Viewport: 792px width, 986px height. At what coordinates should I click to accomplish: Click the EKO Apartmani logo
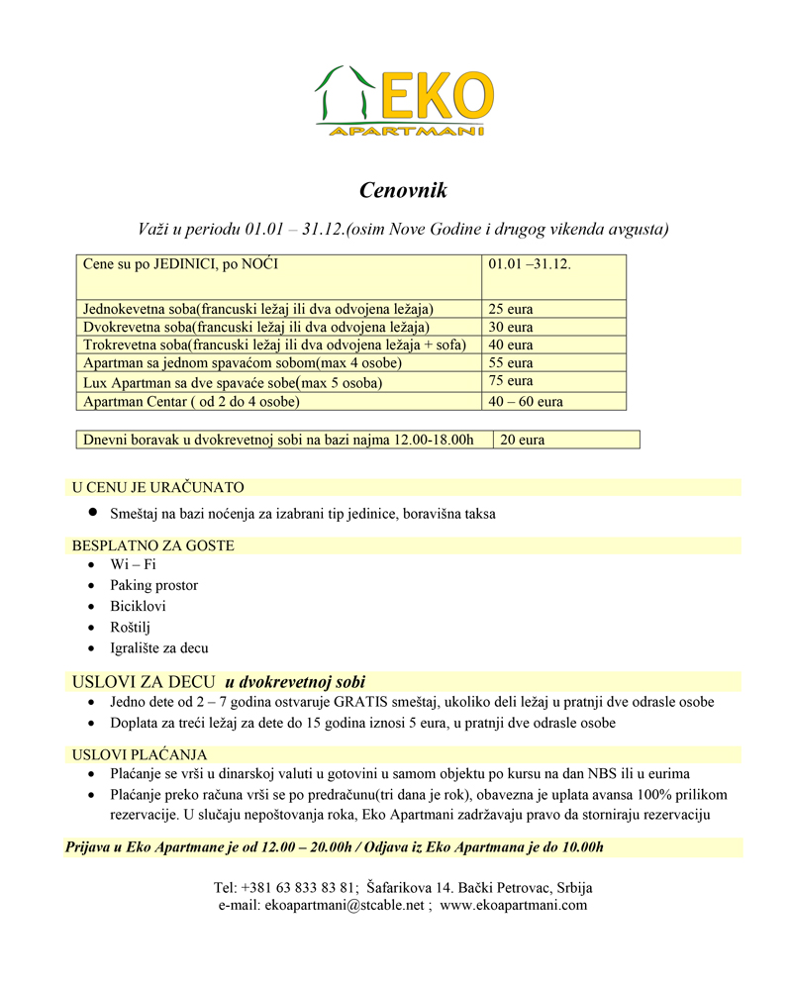click(x=404, y=101)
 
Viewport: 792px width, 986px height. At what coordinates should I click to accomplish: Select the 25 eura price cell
click(x=511, y=310)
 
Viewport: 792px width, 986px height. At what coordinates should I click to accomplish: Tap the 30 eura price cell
click(x=511, y=328)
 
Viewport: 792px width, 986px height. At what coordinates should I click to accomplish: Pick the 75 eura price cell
click(x=511, y=381)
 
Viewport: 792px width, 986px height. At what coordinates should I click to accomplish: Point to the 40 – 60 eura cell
click(x=526, y=402)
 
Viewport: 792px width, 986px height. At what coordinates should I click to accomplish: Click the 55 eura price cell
click(x=511, y=363)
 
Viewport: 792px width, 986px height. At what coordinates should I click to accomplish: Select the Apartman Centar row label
click(x=191, y=402)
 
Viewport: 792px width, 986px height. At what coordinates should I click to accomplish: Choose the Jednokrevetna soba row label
click(x=258, y=310)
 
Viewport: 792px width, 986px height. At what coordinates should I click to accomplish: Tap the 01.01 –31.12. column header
click(x=530, y=265)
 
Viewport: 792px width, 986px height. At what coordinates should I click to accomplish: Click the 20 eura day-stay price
click(x=523, y=440)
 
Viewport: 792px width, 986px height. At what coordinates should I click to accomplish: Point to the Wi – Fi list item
click(x=133, y=565)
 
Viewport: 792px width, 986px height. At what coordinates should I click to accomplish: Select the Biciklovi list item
click(x=138, y=607)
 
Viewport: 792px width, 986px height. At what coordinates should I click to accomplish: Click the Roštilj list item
click(x=130, y=628)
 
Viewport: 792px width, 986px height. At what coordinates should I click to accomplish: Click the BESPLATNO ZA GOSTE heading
click(x=152, y=545)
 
